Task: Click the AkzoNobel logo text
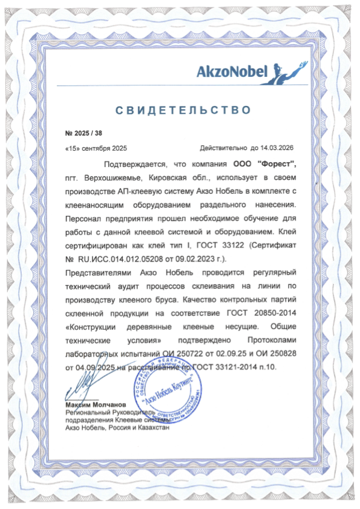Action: pos(232,73)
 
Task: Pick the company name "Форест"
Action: pos(277,164)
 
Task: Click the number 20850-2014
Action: pos(272,314)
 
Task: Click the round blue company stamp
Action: pos(164,396)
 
